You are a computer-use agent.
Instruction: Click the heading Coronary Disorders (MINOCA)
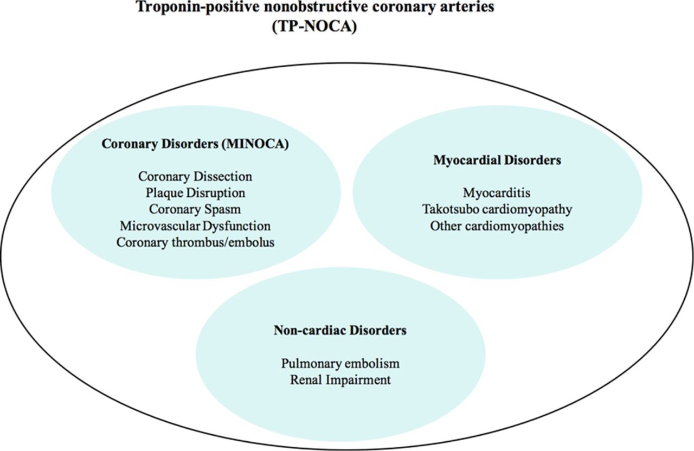[195, 144]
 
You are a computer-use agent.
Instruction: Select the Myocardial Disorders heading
[497, 160]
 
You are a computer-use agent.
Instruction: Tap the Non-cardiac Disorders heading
[340, 330]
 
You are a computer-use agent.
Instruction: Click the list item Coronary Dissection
[195, 177]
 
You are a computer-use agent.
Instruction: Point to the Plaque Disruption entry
[196, 193]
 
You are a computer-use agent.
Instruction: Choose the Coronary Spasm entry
[195, 209]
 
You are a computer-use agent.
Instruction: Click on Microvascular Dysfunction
[195, 226]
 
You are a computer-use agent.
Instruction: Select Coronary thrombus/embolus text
[196, 242]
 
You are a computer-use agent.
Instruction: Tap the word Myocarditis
[497, 193]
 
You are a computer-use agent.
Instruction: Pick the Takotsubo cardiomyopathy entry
[497, 209]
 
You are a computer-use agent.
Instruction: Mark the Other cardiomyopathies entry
[497, 226]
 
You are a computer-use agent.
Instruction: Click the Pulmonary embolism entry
[340, 363]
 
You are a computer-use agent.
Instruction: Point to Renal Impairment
[340, 380]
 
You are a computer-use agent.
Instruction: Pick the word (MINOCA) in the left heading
[255, 144]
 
